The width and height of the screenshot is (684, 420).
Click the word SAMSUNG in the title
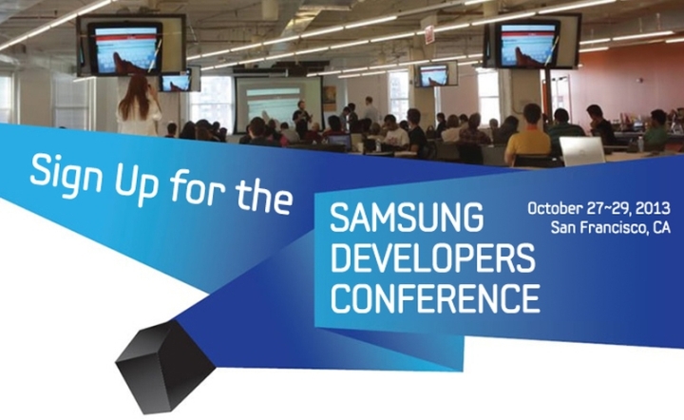coord(403,221)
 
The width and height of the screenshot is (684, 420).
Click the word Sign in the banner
coord(68,171)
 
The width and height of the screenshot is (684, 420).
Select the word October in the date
coord(555,207)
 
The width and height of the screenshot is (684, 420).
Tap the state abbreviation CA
coord(658,228)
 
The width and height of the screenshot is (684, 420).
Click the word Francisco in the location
coord(612,228)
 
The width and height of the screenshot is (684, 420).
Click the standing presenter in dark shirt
coord(302,120)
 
